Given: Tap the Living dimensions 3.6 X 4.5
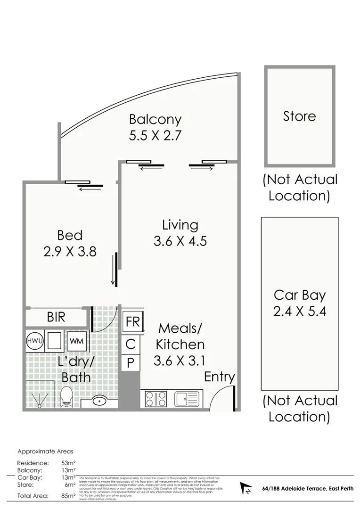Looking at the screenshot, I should click(180, 241).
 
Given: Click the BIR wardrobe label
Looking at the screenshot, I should click(56, 317).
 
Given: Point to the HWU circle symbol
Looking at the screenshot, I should click(34, 340).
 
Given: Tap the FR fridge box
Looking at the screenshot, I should click(132, 322).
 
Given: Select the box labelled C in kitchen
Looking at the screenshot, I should click(131, 344).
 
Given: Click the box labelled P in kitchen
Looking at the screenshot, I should click(131, 363).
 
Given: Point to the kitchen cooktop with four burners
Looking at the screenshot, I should click(155, 399).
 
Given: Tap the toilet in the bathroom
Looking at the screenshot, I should click(66, 397).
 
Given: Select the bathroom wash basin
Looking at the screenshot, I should click(99, 401).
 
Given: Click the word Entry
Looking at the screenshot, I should click(219, 377).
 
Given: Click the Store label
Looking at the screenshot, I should click(299, 116).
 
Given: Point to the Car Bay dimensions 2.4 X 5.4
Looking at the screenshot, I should click(300, 312).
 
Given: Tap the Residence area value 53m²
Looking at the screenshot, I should click(68, 463).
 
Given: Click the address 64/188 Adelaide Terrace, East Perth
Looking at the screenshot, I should click(308, 489).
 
